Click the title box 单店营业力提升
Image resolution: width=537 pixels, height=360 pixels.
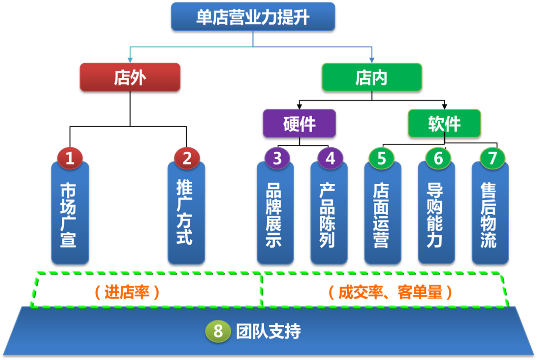coord(253,16)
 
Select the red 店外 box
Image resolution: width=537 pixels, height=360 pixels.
coord(130,77)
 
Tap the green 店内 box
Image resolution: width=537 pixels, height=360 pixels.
coord(372,77)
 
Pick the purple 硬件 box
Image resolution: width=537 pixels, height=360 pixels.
coord(299,123)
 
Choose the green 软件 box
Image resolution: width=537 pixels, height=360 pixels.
coord(444,123)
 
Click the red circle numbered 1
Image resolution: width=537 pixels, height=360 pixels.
coord(70,158)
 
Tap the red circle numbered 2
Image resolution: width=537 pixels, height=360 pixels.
coord(186,158)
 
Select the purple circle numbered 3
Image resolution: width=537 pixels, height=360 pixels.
coord(277,158)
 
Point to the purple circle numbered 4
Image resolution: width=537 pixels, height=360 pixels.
coord(330,158)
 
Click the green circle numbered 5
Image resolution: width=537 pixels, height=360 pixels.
coord(381,158)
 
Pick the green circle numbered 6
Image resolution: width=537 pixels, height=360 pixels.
coord(438,158)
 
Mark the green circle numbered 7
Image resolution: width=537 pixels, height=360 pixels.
coord(492,158)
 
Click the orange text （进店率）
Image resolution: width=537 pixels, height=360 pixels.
coord(127,292)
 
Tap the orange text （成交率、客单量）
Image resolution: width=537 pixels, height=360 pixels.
coord(390,292)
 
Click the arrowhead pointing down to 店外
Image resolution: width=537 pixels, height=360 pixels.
coord(130,60)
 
